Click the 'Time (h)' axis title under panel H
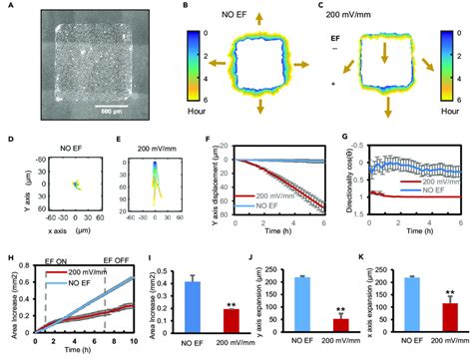coord(96,352)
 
